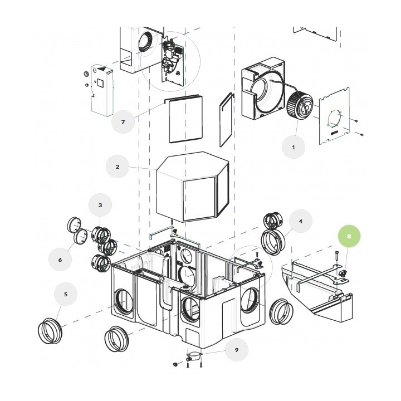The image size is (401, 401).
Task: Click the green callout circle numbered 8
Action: (349, 236)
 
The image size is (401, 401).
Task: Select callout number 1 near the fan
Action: (294, 147)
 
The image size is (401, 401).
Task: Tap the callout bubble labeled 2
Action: (118, 167)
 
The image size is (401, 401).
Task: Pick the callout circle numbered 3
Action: (100, 205)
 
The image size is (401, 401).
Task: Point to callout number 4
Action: (301, 221)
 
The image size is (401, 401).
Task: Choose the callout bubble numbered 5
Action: (66, 294)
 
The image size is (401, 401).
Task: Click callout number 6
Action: (60, 260)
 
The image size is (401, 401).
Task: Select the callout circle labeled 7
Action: (123, 122)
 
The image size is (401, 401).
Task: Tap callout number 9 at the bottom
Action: (237, 350)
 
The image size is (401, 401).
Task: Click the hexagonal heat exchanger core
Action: (192, 187)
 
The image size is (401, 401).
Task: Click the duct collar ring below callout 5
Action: (50, 331)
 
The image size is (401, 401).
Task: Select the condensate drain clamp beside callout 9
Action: (194, 355)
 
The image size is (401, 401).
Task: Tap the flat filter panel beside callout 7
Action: (185, 119)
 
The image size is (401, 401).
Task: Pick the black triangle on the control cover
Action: (102, 69)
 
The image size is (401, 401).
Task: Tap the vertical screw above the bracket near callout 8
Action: (336, 256)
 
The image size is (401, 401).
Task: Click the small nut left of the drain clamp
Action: (175, 364)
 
